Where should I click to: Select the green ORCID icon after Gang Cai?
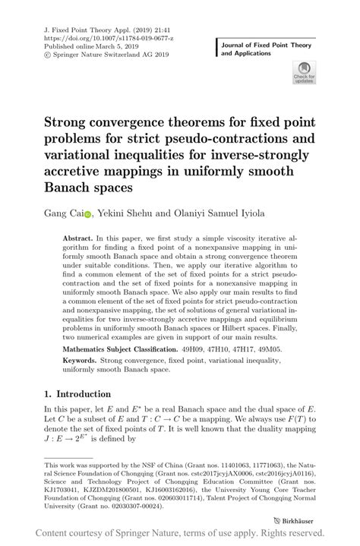(87, 215)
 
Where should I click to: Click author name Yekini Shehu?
(125, 214)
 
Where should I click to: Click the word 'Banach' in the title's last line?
(77, 186)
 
